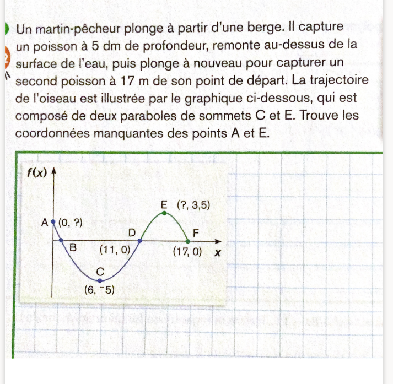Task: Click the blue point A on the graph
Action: coord(53,223)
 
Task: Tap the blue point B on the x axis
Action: coord(61,241)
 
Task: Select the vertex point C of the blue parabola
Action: coord(99,280)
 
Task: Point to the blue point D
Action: coord(141,241)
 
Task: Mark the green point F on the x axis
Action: coord(188,241)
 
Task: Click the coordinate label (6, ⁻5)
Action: coord(99,290)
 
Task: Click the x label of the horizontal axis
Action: coord(218,253)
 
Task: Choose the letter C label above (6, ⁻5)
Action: coord(100,271)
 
